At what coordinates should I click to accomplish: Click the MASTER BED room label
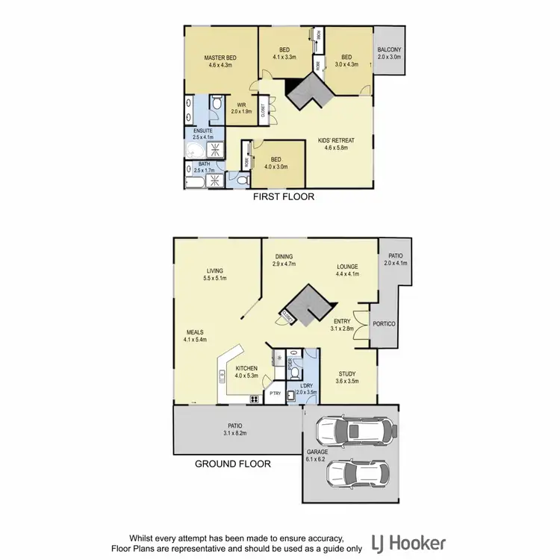(222, 57)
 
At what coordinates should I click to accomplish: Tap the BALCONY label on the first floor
(389, 49)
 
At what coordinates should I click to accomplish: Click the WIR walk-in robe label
(241, 105)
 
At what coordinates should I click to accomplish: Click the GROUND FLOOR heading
(232, 464)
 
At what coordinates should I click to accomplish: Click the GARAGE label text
(317, 452)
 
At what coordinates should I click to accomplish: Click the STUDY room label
(346, 373)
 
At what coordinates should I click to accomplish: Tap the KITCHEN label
(246, 369)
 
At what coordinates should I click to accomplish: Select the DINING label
(283, 256)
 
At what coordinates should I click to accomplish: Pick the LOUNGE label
(347, 267)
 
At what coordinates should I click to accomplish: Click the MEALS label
(196, 332)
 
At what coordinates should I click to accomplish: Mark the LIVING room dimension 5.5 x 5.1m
(216, 279)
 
